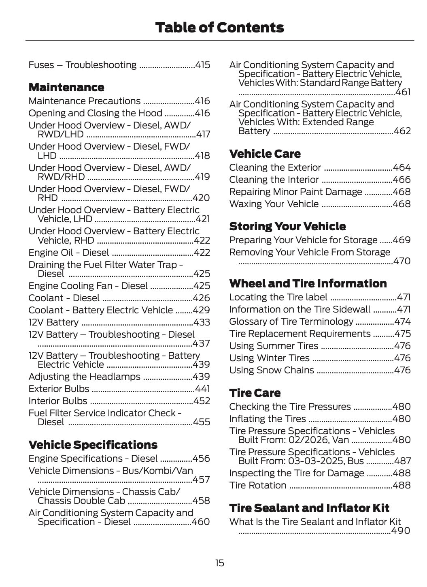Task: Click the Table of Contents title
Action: click(x=219, y=28)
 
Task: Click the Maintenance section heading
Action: click(x=66, y=87)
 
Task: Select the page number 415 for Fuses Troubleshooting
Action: click(x=202, y=65)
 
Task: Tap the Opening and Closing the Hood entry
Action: click(x=95, y=113)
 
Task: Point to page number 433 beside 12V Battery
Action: click(x=202, y=322)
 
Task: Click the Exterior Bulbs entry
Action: click(x=59, y=389)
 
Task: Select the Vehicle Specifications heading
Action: click(x=93, y=445)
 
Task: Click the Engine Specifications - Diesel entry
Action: click(x=93, y=458)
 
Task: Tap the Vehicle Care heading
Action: click(x=265, y=154)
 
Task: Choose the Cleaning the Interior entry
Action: click(x=274, y=180)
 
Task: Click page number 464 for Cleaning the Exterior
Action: click(x=402, y=167)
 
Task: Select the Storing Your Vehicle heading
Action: click(x=287, y=226)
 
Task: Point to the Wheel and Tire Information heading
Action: click(x=308, y=283)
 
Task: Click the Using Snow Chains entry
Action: click(x=271, y=370)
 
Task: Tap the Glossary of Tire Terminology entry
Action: click(x=291, y=321)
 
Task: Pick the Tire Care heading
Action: click(x=255, y=393)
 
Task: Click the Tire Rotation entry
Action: click(x=257, y=485)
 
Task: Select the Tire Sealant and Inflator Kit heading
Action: click(x=309, y=508)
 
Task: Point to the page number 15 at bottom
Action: click(x=219, y=563)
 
